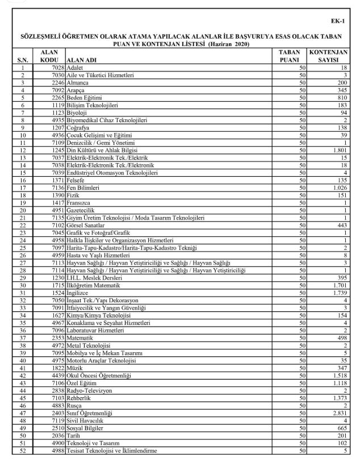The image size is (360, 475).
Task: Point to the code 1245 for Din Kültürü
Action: pos(56,149)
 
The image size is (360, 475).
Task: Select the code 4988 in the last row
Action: pos(56,450)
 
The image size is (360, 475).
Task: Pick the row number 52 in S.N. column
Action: pos(23,450)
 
